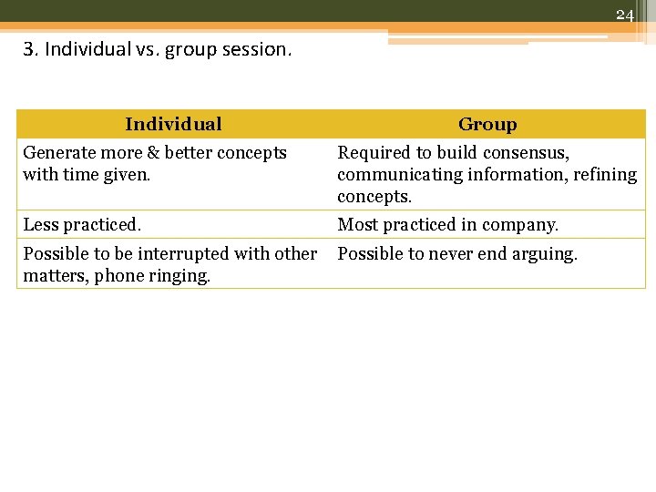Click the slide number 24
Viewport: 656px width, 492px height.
[x=624, y=15]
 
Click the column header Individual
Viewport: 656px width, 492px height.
[x=173, y=124]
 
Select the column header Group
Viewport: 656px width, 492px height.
[x=487, y=125]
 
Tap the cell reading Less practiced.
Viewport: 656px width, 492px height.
[x=82, y=225]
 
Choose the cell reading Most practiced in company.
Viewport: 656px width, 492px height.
[x=447, y=225]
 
